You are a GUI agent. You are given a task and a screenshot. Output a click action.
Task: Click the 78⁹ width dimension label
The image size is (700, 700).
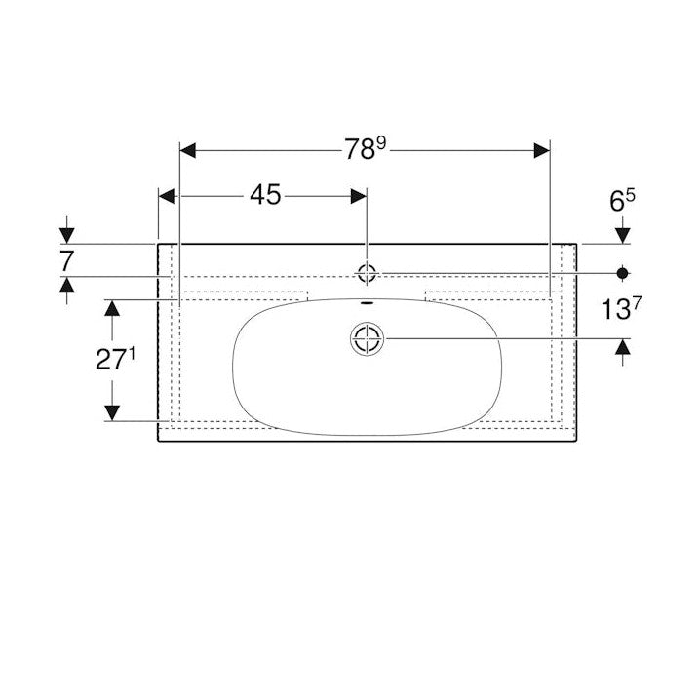(365, 148)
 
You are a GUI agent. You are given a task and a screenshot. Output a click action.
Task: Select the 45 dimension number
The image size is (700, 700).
(265, 195)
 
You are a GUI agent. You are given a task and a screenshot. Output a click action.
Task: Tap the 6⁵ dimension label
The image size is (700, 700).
(622, 201)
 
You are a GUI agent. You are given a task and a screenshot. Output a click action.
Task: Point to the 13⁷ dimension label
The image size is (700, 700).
(621, 308)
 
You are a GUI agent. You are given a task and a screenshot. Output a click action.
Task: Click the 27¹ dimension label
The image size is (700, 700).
(115, 359)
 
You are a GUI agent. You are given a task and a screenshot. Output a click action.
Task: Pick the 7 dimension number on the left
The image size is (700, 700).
(66, 261)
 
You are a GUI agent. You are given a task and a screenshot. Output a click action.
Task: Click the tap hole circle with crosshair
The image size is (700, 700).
(367, 272)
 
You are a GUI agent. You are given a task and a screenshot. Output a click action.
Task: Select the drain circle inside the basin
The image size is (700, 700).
(367, 338)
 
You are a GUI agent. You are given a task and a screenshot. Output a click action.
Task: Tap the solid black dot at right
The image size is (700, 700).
(622, 273)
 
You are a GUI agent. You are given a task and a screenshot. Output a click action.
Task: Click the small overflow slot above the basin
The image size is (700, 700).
(367, 303)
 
